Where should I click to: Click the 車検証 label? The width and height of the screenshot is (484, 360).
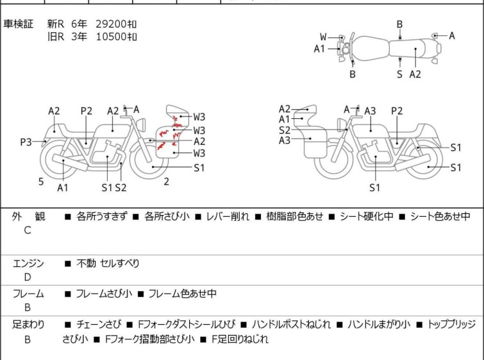[18, 24]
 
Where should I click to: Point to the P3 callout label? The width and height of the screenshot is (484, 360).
[26, 142]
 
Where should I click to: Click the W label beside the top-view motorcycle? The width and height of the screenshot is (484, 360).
[323, 37]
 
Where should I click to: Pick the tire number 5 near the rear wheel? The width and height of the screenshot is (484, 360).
[41, 182]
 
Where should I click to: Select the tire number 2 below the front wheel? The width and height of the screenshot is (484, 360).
[167, 182]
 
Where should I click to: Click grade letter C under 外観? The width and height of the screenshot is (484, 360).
[28, 230]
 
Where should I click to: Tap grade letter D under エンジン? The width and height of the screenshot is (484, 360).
[28, 277]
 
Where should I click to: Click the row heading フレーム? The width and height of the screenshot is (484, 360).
[28, 293]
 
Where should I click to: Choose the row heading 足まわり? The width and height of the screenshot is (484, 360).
[28, 325]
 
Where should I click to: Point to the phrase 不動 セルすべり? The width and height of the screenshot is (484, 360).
[108, 263]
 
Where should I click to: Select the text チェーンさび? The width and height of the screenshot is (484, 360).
[99, 325]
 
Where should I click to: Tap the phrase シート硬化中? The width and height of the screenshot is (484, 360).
[367, 216]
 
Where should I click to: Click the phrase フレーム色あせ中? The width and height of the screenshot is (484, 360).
[183, 293]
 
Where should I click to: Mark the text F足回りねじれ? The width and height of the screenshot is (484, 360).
[240, 339]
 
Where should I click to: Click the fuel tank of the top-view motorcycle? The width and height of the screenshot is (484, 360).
[370, 49]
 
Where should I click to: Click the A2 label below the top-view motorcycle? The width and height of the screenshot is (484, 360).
[415, 74]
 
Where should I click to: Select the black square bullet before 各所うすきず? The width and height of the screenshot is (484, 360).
[68, 217]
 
